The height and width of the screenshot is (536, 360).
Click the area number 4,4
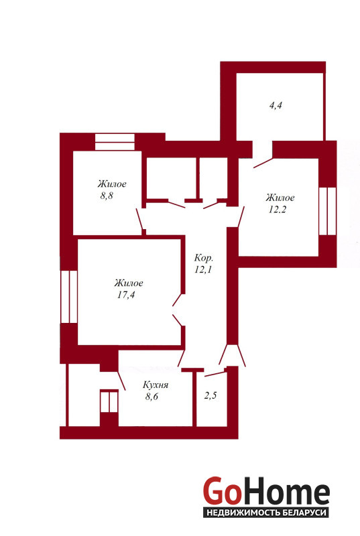coord(276,106)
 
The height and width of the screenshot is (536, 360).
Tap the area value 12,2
coord(277,210)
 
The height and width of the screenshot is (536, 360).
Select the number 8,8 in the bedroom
coord(107,196)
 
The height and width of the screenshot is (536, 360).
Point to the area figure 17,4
coord(126,295)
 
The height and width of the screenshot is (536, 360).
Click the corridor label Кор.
coord(203,257)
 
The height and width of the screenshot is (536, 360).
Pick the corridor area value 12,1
coord(203,269)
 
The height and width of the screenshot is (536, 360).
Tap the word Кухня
coord(156,385)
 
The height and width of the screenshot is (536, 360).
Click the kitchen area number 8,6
coord(152,397)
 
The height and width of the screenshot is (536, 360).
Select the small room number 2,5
coord(211,395)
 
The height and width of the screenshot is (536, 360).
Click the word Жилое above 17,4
coord(129,283)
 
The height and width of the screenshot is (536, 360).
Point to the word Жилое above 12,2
coord(280,198)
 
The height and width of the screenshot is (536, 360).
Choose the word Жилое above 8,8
coord(112,184)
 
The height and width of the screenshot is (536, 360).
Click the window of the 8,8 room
coord(115,142)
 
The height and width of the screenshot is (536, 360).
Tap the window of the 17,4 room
coord(69,297)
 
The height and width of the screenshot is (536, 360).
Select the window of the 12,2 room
coord(327,211)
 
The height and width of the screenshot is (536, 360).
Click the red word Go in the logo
coord(221,491)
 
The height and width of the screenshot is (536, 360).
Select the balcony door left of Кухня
coord(109,402)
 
